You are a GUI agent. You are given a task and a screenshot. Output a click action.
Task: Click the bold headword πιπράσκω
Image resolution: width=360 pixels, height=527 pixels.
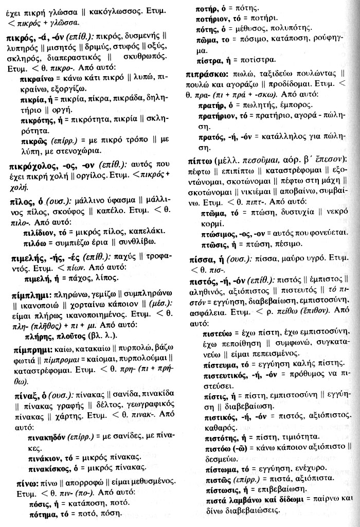[208, 74]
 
